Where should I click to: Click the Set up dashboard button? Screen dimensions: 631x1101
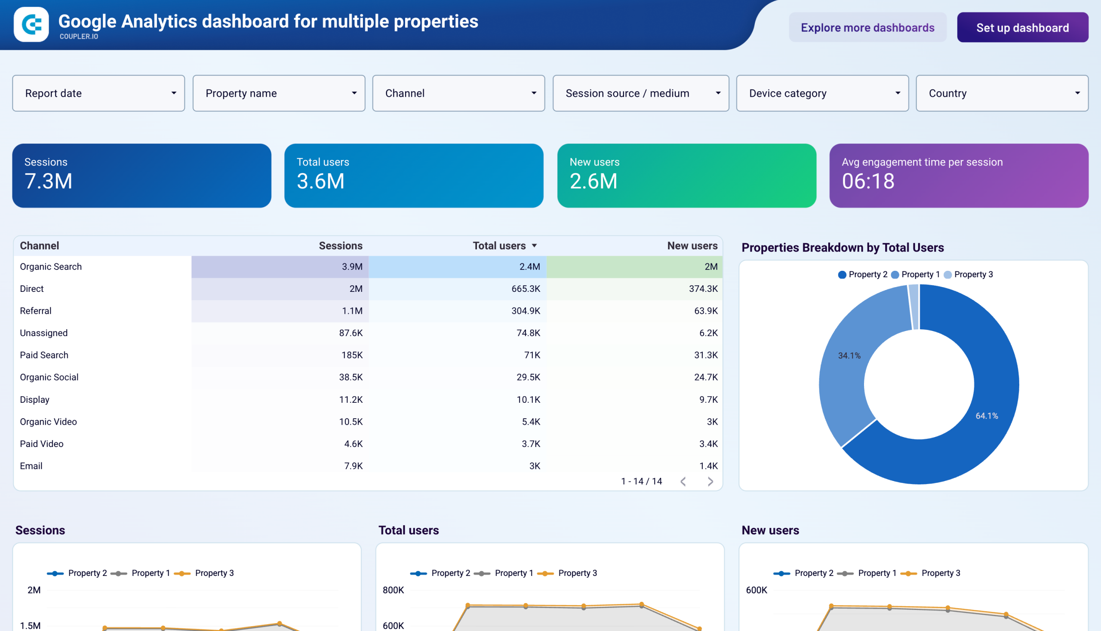[x=1022, y=28]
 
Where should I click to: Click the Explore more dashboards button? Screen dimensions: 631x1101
[x=867, y=28]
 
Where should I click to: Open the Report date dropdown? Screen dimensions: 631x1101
[x=98, y=93]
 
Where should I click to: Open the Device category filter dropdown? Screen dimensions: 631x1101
[x=822, y=93]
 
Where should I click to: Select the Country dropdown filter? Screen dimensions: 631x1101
[x=1001, y=93]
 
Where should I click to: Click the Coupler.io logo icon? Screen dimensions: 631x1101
[x=31, y=24]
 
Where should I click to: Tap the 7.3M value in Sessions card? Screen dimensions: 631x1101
[x=48, y=181]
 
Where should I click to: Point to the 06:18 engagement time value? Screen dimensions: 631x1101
[x=868, y=181]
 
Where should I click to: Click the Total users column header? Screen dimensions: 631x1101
[x=499, y=246]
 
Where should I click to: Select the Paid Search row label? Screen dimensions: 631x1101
[x=44, y=355]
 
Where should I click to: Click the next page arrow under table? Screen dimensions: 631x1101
[x=710, y=481]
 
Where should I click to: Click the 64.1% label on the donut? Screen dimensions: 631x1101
[x=987, y=416]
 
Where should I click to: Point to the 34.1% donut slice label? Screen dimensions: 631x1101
[x=849, y=356]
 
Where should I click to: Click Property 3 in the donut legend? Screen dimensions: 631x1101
[x=973, y=274]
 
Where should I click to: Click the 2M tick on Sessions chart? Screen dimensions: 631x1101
[x=34, y=590]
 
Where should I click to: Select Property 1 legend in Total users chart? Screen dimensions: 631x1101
[x=513, y=573]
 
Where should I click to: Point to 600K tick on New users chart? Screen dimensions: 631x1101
[x=756, y=590]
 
